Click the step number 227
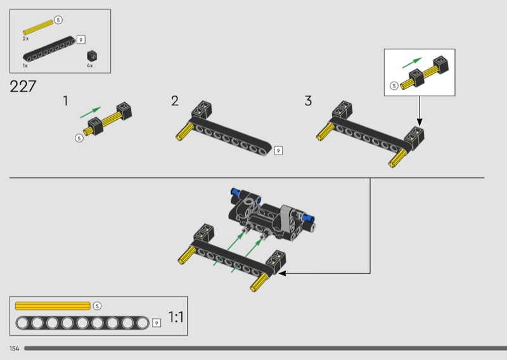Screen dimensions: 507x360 pyautogui.click(x=23, y=86)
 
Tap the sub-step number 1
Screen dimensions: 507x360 pyautogui.click(x=66, y=101)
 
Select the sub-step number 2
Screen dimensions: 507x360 pyautogui.click(x=175, y=101)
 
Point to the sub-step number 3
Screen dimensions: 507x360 pyautogui.click(x=308, y=101)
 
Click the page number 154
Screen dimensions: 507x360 pyautogui.click(x=14, y=349)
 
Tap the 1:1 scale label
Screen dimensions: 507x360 pyautogui.click(x=176, y=317)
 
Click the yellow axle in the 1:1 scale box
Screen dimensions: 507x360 pyautogui.click(x=53, y=306)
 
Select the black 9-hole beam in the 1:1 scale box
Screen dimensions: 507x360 pyautogui.click(x=82, y=323)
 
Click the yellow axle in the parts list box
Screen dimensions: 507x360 pyautogui.click(x=38, y=27)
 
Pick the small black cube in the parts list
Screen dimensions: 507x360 pyautogui.click(x=93, y=56)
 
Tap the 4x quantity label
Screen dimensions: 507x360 pyautogui.click(x=90, y=66)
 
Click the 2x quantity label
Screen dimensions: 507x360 pyautogui.click(x=26, y=39)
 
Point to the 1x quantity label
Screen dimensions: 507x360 pyautogui.click(x=25, y=66)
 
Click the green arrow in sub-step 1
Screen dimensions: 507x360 pyautogui.click(x=91, y=112)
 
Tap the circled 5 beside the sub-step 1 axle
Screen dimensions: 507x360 pyautogui.click(x=79, y=138)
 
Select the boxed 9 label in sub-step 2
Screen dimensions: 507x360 pyautogui.click(x=278, y=150)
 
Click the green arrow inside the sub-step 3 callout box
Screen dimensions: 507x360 pyautogui.click(x=412, y=63)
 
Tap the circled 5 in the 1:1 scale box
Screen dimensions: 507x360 pyautogui.click(x=97, y=306)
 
